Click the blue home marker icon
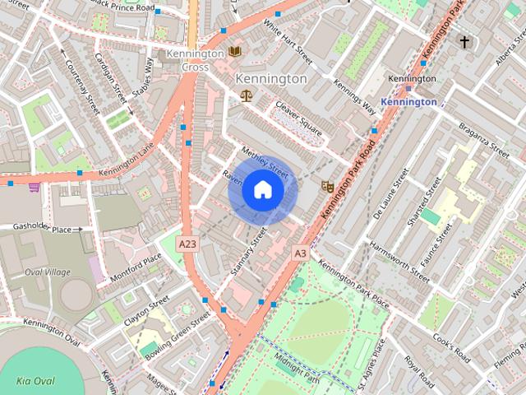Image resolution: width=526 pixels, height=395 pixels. point(261,190)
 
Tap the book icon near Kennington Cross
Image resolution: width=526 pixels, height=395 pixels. point(236,51)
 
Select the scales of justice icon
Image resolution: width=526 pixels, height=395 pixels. point(246,95)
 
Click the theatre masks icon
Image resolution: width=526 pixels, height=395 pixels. point(326,187)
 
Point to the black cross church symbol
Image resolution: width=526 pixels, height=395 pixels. point(465,41)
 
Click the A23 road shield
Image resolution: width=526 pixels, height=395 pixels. point(188,244)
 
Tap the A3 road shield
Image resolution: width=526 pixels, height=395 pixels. point(300,253)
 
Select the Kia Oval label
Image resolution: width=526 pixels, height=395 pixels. point(35,380)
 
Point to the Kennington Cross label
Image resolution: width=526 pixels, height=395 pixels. point(195,60)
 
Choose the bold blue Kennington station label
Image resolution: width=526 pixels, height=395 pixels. point(408,102)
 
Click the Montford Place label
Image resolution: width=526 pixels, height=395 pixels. point(135,269)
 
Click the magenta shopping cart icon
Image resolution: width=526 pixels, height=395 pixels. point(34,188)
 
